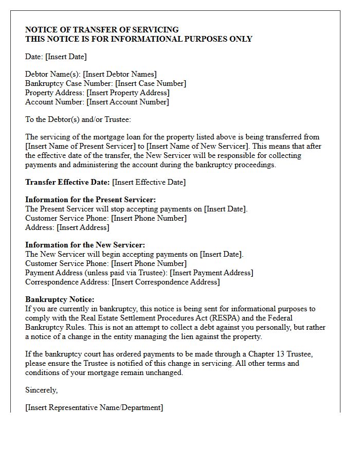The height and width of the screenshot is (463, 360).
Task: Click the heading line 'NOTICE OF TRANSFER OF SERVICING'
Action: pos(102,30)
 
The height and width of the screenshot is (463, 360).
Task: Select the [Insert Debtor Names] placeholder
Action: pos(120,74)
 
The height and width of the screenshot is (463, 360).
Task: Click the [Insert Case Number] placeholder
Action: pos(151,83)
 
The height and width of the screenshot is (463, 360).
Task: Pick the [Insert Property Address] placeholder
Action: pos(128,93)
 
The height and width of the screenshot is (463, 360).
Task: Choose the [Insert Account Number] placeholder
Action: pos(128,102)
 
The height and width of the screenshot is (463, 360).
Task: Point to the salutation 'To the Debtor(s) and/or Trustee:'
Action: pos(78,119)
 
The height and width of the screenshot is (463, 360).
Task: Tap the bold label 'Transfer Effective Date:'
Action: pos(67,182)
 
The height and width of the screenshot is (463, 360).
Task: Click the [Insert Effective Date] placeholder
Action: pos(149,182)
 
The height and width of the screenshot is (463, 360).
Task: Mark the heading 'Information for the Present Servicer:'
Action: pos(91,200)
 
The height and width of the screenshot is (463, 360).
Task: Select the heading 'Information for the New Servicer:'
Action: pos(85,245)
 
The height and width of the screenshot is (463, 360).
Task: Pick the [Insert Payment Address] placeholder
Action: pos(211,273)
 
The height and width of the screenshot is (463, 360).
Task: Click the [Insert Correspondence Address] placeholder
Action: pos(166,282)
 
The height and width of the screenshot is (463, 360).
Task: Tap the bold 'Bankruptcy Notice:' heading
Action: pos(60,299)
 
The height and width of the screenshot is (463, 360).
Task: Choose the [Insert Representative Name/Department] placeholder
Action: pos(94,407)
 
